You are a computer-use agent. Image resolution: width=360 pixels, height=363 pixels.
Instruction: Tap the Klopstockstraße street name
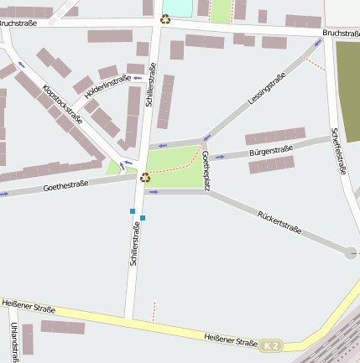click(62, 104)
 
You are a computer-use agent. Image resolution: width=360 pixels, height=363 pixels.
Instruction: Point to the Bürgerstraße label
click(271, 151)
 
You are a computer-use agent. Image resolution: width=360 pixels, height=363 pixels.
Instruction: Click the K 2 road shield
click(269, 345)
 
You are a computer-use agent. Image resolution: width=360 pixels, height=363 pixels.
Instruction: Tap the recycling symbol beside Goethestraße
click(145, 177)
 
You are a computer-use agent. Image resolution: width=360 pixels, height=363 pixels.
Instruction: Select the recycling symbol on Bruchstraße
click(165, 19)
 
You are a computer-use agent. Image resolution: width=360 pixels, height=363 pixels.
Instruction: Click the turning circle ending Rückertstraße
click(351, 252)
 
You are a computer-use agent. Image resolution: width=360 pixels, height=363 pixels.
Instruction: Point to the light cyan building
click(176, 7)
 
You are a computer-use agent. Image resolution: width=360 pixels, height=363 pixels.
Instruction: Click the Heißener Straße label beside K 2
click(230, 340)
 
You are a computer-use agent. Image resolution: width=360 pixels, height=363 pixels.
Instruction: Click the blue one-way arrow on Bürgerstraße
click(221, 156)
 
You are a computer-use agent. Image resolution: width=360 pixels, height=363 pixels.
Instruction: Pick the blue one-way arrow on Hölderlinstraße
click(137, 79)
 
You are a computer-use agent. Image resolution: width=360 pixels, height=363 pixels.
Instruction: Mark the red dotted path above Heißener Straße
click(154, 312)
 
